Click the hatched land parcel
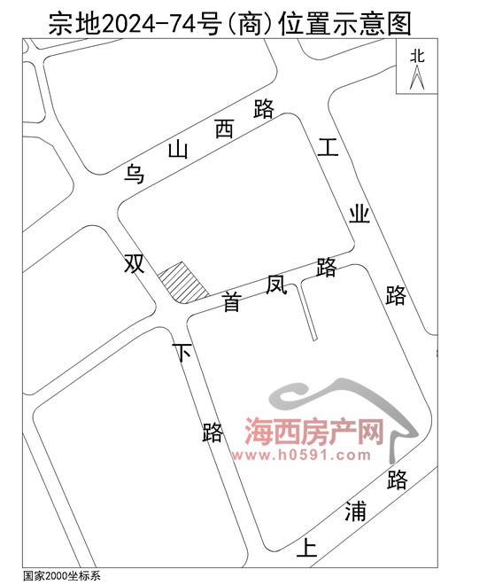[182, 283]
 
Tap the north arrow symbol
[417, 77]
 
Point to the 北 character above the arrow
[417, 57]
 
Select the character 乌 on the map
[134, 174]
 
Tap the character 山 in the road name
[178, 150]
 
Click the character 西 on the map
[225, 129]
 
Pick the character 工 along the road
[328, 146]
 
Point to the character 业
[359, 214]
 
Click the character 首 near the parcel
[232, 301]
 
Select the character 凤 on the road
[276, 285]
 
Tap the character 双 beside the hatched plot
[134, 262]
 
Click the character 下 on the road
[182, 352]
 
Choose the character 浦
[355, 511]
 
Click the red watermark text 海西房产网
[314, 432]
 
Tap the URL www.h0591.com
[301, 455]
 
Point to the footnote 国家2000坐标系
[61, 575]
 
